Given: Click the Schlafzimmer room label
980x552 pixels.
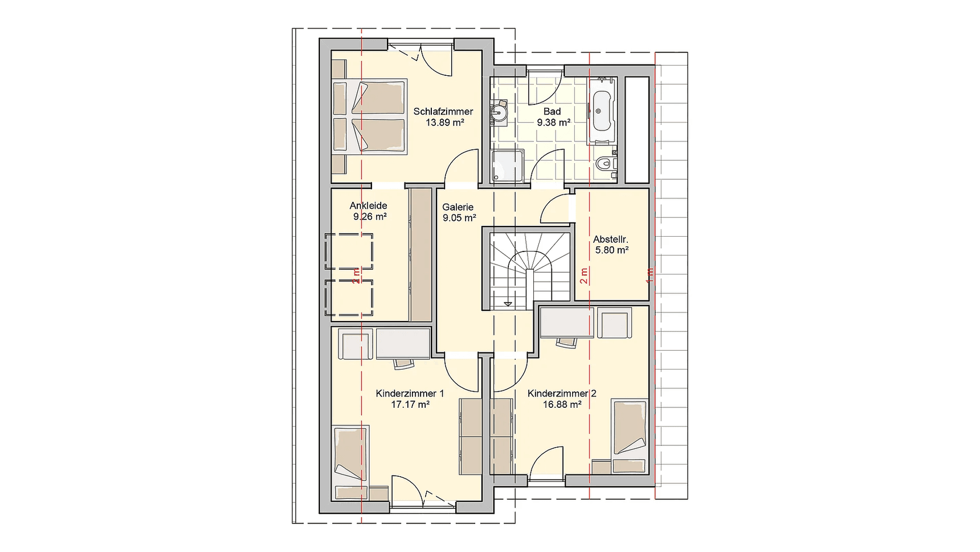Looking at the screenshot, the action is click(x=443, y=112).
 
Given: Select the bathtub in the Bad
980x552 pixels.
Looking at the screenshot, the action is click(x=602, y=110).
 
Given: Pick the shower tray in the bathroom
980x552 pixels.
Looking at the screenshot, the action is click(x=508, y=166).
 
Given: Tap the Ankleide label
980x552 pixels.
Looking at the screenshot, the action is click(x=369, y=206).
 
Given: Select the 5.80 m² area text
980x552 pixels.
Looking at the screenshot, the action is click(x=612, y=250).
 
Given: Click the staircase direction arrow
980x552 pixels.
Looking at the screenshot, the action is click(x=508, y=304).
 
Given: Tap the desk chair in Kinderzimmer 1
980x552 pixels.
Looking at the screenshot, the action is click(x=403, y=363).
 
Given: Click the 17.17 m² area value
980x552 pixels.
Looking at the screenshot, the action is click(x=410, y=404).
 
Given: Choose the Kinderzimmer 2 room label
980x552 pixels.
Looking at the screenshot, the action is click(x=562, y=393).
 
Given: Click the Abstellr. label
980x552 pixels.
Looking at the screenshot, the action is click(x=611, y=240).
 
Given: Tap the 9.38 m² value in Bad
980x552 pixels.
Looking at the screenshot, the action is click(x=554, y=123).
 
